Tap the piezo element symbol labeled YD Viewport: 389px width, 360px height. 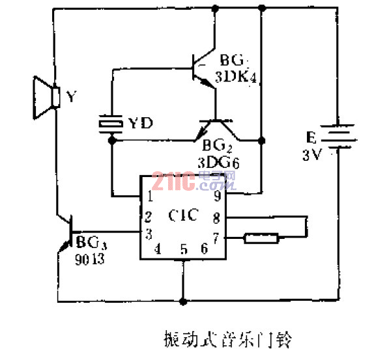point(110,123)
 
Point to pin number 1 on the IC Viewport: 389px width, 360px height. point(149,196)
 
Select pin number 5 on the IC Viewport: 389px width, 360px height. point(184,248)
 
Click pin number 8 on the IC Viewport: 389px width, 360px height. point(216,217)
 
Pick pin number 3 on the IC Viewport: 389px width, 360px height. point(149,232)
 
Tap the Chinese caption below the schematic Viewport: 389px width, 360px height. point(229,339)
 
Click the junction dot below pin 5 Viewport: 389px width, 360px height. point(184,301)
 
